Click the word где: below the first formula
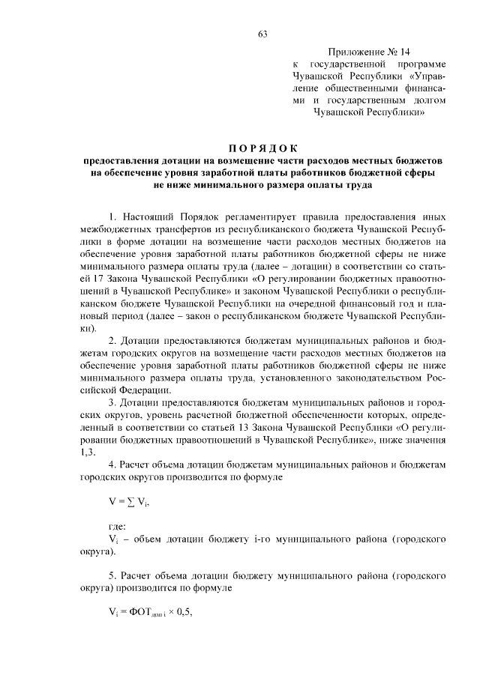pyautogui.click(x=118, y=526)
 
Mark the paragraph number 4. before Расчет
pyautogui.click(x=114, y=466)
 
